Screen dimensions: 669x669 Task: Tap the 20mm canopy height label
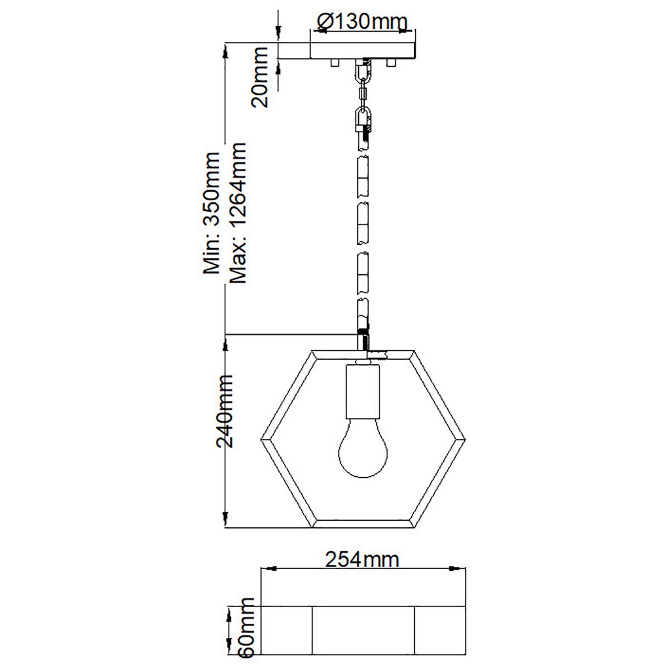click(260, 77)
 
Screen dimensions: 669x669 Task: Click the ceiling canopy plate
click(362, 50)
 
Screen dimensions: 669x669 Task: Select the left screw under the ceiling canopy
click(334, 63)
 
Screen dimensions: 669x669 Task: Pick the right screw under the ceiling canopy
click(391, 63)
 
